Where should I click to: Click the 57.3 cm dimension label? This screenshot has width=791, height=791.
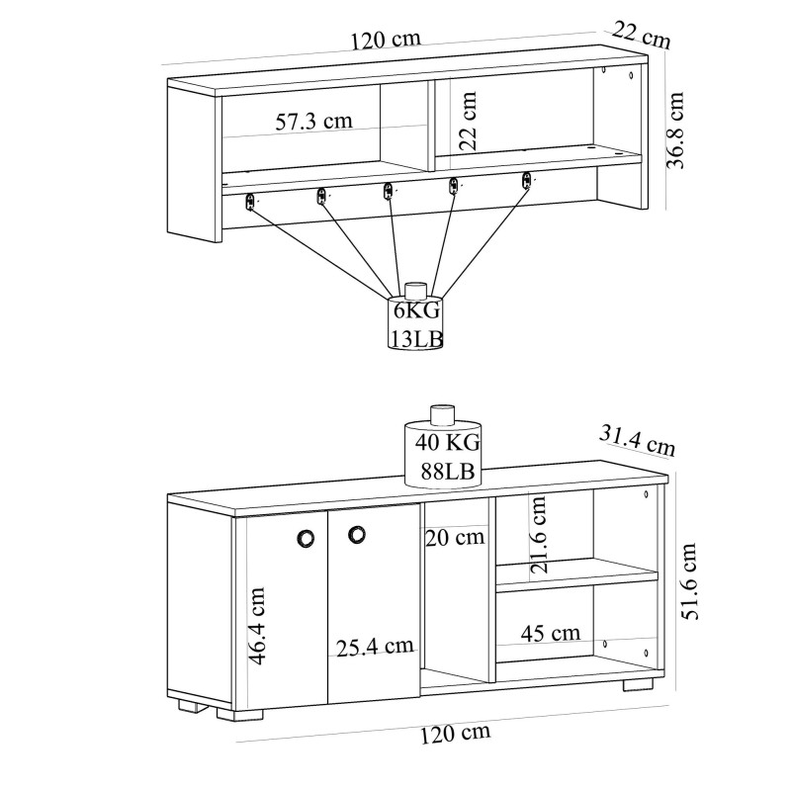(x=313, y=123)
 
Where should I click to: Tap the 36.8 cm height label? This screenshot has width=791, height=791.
(x=676, y=131)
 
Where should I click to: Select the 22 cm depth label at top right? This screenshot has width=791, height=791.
(x=641, y=35)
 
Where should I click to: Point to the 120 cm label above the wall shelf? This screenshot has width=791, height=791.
(x=386, y=40)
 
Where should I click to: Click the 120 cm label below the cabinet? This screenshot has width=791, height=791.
(x=455, y=734)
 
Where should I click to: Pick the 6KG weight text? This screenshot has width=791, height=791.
(x=415, y=310)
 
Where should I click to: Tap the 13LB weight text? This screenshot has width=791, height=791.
(x=415, y=339)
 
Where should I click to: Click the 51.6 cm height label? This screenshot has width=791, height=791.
(x=692, y=579)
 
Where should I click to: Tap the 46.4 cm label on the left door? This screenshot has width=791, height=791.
(x=256, y=626)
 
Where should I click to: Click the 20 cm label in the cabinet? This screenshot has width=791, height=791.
(x=455, y=538)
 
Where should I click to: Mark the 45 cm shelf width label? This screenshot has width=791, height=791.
(x=551, y=633)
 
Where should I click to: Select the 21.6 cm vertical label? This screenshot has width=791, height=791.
(x=538, y=534)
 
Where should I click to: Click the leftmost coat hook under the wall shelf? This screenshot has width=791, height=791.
(x=250, y=201)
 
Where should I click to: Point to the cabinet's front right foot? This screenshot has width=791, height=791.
(x=642, y=682)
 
